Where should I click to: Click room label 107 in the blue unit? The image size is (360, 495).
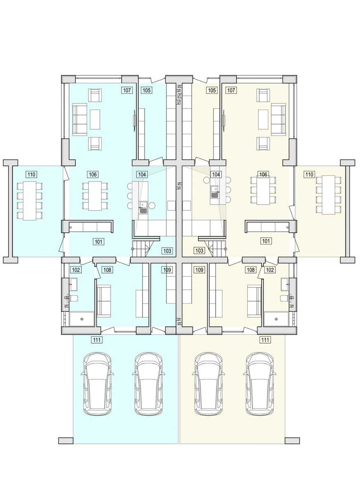pyautogui.click(x=127, y=90)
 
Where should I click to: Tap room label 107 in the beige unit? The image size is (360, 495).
pyautogui.click(x=231, y=90)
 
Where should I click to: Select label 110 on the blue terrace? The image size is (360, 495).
pyautogui.click(x=31, y=174)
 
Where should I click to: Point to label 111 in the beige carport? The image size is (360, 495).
pyautogui.click(x=265, y=340)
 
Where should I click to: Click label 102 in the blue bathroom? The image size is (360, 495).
pyautogui.click(x=76, y=270)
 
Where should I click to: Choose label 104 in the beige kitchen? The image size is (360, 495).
pyautogui.click(x=216, y=174)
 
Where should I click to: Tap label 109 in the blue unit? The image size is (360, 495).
pyautogui.click(x=167, y=270)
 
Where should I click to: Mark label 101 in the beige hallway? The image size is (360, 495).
pyautogui.click(x=266, y=241)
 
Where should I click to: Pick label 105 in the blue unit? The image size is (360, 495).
pyautogui.click(x=147, y=90)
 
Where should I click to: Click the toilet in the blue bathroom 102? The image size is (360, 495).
pyautogui.click(x=73, y=298)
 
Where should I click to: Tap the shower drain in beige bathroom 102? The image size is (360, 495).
pyautogui.click(x=276, y=319)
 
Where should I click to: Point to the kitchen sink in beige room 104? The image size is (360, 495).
pyautogui.click(x=214, y=192)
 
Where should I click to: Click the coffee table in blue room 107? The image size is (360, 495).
pyautogui.click(x=95, y=120)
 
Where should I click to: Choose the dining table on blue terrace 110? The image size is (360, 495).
pyautogui.click(x=30, y=200)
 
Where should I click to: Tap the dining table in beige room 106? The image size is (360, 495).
pyautogui.click(x=263, y=191)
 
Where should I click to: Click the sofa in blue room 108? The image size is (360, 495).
pyautogui.click(x=104, y=301)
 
